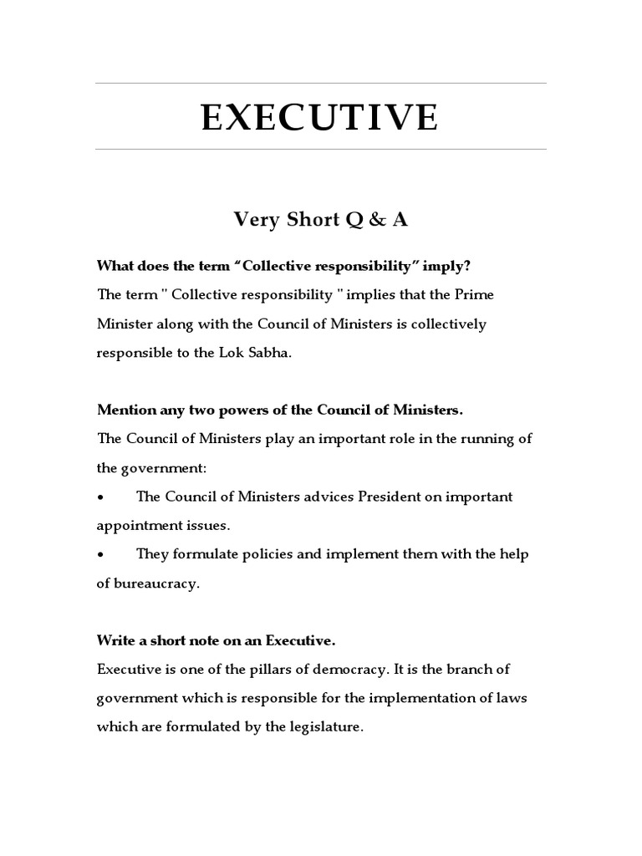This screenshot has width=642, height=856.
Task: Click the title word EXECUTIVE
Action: pos(320,118)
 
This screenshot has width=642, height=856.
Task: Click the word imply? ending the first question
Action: pos(452,266)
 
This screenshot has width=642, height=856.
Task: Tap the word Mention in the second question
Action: pos(125,410)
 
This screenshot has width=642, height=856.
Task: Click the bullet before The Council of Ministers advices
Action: pos(100,497)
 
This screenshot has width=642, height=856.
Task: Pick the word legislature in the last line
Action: pos(327,727)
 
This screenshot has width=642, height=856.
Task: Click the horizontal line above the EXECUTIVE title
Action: pos(320,84)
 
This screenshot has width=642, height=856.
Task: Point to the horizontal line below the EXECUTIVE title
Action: pos(320,150)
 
